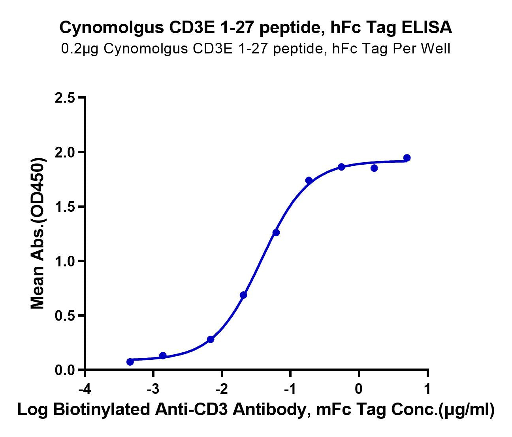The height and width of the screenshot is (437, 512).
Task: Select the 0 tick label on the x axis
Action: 359,389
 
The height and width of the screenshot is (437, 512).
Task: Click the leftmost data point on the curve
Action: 130,362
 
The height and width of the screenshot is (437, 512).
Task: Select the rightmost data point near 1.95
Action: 407,158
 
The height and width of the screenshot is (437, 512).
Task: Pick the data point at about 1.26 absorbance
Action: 276,233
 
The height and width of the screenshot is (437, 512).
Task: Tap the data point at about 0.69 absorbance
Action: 243,295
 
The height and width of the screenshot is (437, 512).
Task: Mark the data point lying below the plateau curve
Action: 374,168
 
